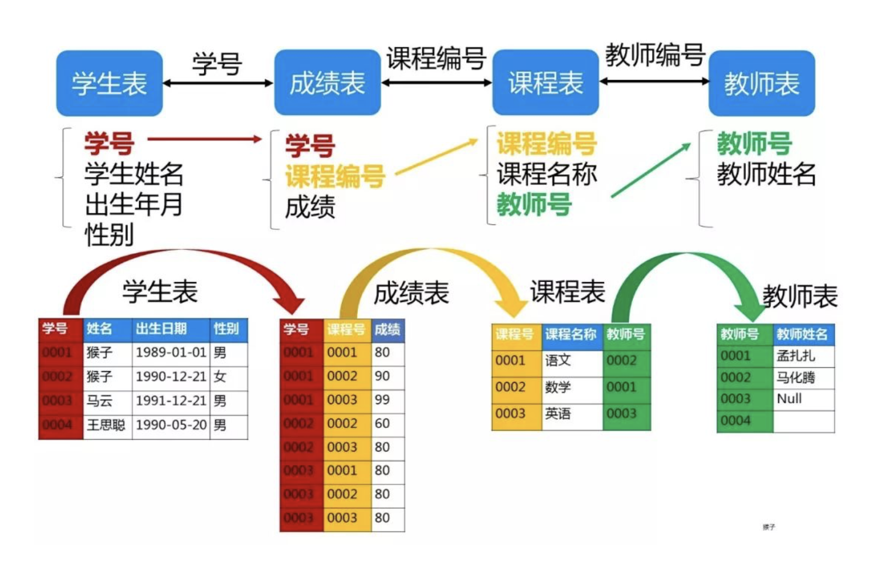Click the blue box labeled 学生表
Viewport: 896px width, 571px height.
point(109,83)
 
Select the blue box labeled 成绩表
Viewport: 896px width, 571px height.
point(327,83)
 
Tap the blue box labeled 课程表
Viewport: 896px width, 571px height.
point(545,83)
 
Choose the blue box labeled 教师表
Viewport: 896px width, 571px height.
point(761,83)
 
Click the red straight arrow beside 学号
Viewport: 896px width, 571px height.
point(204,139)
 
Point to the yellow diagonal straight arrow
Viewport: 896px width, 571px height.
point(437,157)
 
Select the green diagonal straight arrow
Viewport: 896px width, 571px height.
point(651,170)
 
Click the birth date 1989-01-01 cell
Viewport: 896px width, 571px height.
point(171,352)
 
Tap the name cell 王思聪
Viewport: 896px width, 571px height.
point(106,425)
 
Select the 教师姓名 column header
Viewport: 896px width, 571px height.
point(802,334)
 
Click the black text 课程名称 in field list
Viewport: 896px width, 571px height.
point(547,174)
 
